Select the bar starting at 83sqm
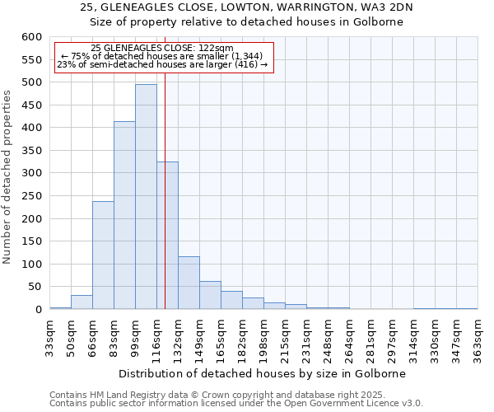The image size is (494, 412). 124,215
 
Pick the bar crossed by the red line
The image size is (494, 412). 167,235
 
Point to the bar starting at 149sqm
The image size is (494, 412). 210,295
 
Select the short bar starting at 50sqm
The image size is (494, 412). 82,302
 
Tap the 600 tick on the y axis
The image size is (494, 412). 31,37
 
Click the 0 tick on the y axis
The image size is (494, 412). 38,310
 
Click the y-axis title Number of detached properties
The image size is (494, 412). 8,177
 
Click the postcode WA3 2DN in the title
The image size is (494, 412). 387,7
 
